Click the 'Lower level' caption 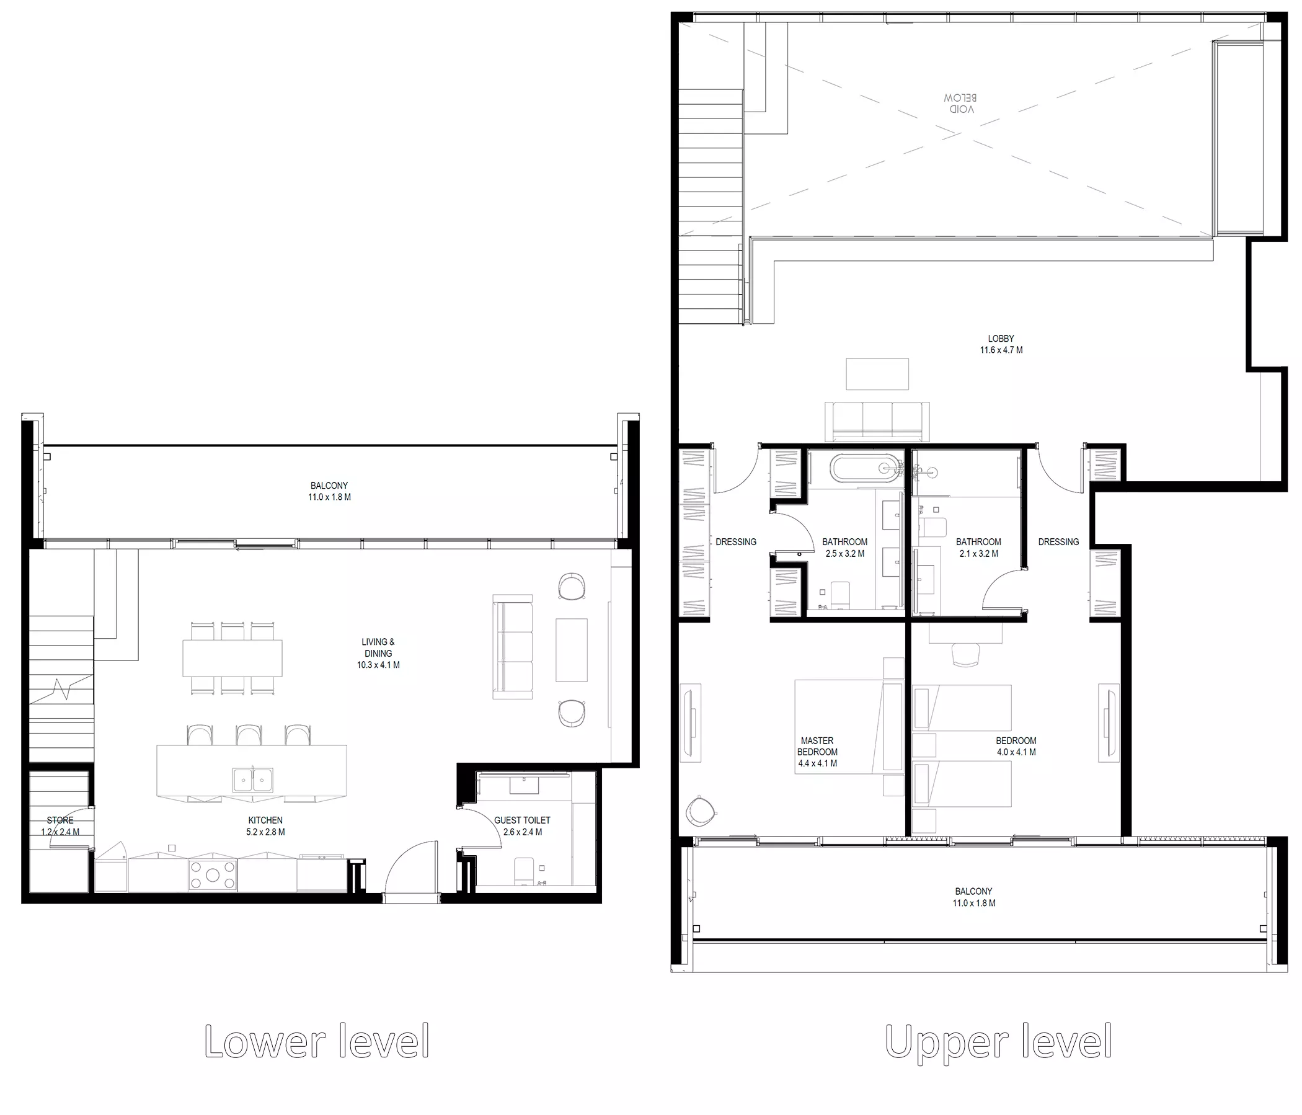[317, 1042]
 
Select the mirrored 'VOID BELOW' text [960, 104]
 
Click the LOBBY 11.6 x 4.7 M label [1001, 344]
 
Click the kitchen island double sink [252, 780]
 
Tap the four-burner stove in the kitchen [213, 874]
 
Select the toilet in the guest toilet [524, 871]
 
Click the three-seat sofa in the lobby [877, 421]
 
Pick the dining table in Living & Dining [232, 658]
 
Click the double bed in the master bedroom [849, 727]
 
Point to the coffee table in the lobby [877, 374]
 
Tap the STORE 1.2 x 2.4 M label [60, 826]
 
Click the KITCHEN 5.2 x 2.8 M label [265, 826]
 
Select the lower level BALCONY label [329, 491]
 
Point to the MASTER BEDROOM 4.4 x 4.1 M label [817, 752]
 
